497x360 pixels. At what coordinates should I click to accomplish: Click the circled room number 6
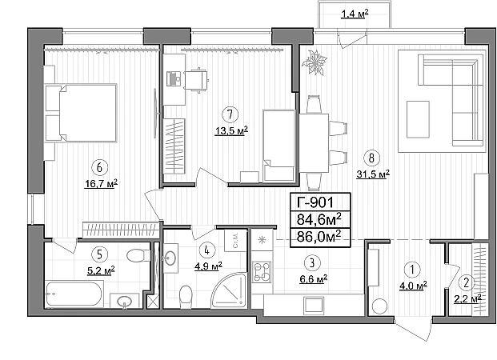point(99,167)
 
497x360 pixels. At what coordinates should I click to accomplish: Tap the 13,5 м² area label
point(231,130)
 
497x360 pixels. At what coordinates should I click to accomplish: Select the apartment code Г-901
point(315,202)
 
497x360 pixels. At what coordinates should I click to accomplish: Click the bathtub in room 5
point(74,294)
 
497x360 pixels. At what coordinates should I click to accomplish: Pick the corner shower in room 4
point(230,290)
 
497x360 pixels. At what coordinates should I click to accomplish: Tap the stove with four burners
point(262,272)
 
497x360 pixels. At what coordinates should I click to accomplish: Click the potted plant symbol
point(315,62)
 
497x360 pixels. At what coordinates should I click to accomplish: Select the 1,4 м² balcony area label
point(355,14)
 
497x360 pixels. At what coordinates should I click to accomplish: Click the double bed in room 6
point(81,113)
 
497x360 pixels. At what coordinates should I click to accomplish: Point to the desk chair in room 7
point(196,80)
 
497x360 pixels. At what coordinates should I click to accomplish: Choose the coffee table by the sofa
point(418,119)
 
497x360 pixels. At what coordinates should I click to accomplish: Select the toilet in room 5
point(138,255)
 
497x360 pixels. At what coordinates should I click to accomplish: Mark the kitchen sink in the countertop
point(314,305)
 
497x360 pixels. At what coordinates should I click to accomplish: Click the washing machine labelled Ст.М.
point(235,239)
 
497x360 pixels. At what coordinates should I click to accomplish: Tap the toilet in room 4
point(186,297)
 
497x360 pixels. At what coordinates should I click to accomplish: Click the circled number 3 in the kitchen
point(312,262)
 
